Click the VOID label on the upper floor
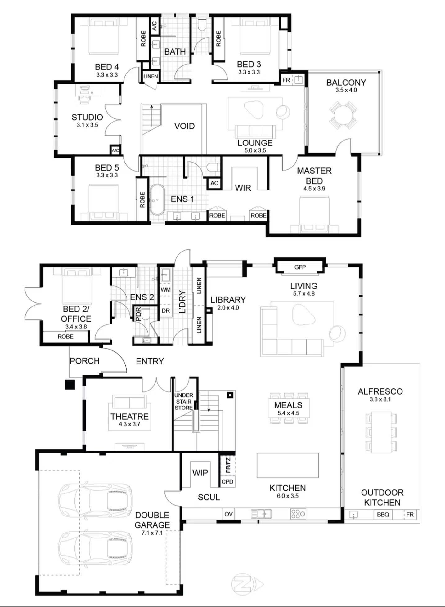coord(184,126)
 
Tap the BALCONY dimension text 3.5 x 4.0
coord(346,90)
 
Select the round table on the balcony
coord(343,115)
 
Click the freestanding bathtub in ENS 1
coord(157,200)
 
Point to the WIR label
coord(243,188)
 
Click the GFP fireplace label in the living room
coord(300,267)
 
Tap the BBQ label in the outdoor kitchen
coord(383,514)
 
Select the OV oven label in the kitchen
coord(228,514)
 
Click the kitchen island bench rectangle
coord(288,465)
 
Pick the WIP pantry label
coord(200,473)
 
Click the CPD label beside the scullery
coord(227,482)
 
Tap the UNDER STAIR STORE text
coord(183,401)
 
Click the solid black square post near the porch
coord(70,385)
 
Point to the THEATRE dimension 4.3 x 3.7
coord(129,424)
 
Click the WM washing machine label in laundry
coord(165,290)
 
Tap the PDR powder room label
coord(138,314)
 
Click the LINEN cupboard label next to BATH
coord(151,76)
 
